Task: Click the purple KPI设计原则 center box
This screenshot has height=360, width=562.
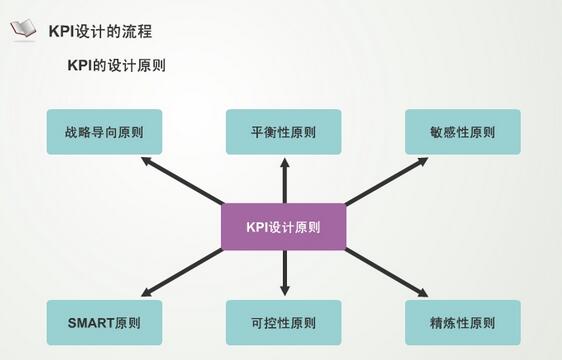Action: (283, 227)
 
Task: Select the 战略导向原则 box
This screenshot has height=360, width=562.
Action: (104, 132)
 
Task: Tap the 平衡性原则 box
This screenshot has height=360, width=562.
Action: (283, 132)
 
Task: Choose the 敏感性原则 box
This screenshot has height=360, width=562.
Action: (462, 132)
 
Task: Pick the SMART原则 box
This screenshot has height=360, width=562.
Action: (104, 323)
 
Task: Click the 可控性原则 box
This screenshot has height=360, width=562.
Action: (283, 323)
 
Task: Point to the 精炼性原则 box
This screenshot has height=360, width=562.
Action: (462, 323)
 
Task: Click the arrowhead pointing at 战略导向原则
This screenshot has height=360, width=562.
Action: (146, 160)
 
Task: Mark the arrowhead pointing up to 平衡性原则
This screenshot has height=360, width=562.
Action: (284, 161)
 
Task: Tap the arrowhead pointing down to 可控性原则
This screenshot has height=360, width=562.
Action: (284, 294)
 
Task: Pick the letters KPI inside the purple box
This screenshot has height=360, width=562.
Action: (258, 227)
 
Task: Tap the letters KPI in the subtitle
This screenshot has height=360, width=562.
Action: (79, 67)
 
